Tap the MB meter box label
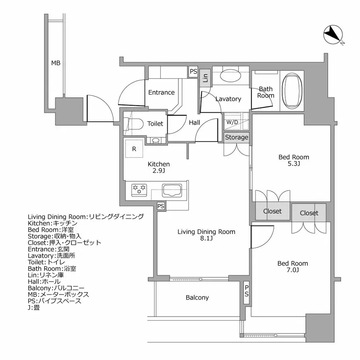[56, 63]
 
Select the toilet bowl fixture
[133, 124]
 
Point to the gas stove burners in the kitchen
[139, 189]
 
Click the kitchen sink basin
[171, 190]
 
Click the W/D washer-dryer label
[231, 122]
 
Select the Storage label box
[237, 137]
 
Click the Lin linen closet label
[205, 76]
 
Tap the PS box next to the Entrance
[193, 71]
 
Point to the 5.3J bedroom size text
[294, 164]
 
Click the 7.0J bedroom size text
[293, 270]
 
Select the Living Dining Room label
[206, 232]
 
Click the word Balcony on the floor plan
[197, 297]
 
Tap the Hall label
[194, 123]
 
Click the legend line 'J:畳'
[34, 308]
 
